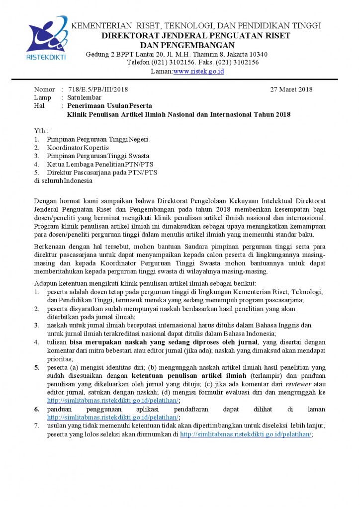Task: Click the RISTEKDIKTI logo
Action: [46, 38]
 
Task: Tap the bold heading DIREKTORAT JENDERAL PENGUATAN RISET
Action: [196, 35]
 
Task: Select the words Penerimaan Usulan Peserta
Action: [109, 106]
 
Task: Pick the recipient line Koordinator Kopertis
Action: [78, 148]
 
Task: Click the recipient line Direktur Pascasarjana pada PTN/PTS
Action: [102, 172]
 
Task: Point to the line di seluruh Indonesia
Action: [63, 180]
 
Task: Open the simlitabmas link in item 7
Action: [246, 434]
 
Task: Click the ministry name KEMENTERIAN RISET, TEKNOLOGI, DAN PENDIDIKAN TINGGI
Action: [196, 25]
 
